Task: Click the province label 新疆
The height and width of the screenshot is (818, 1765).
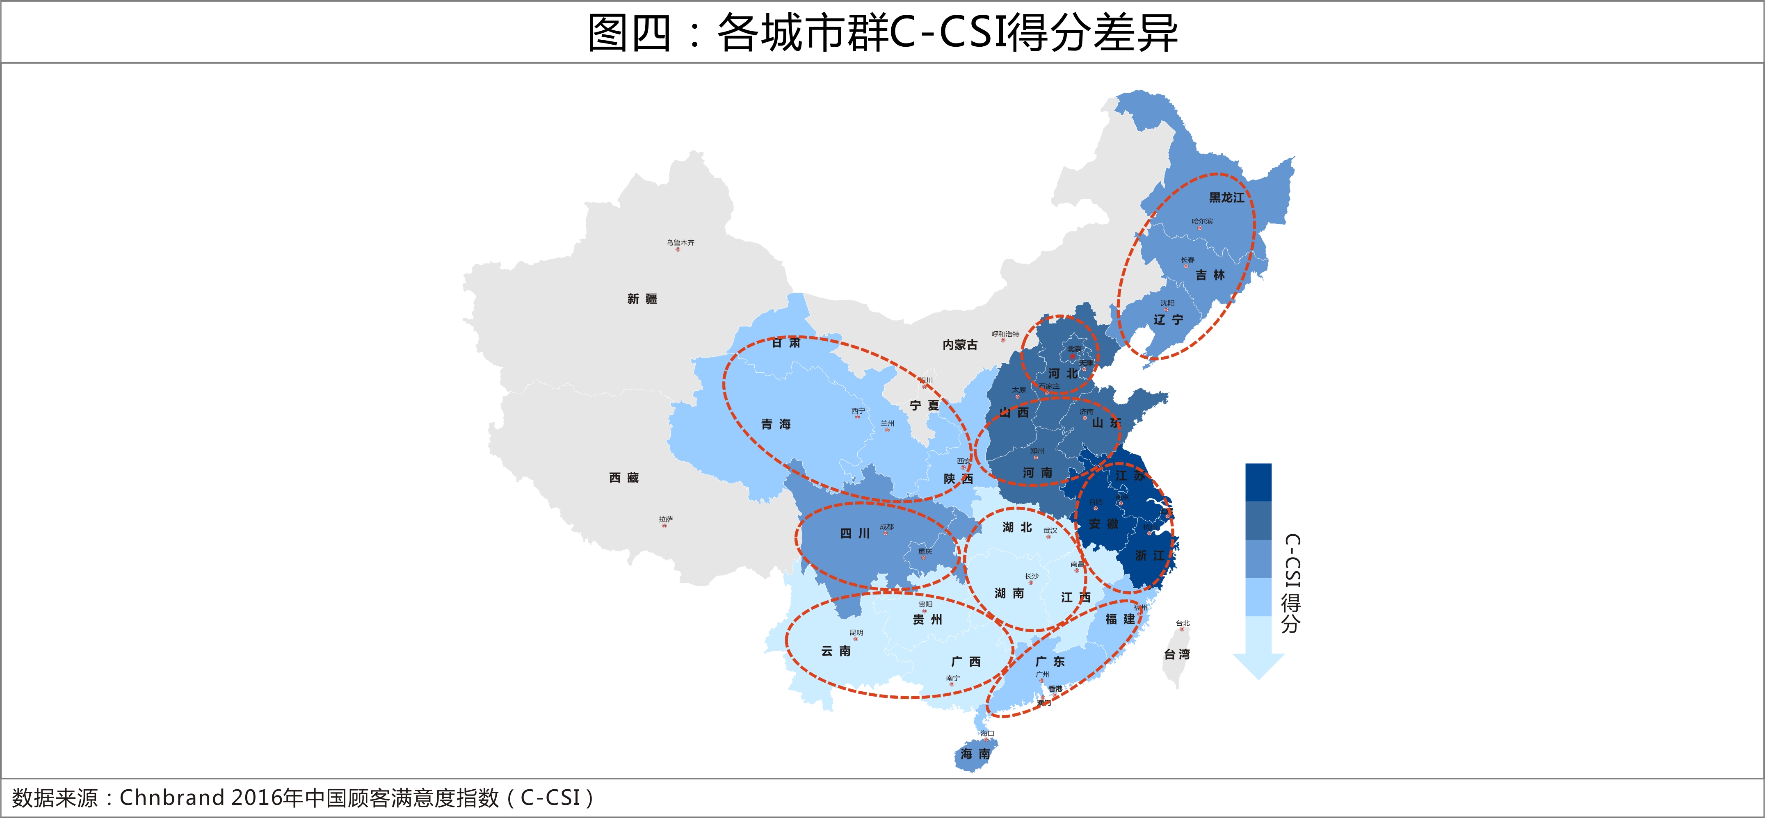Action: [642, 298]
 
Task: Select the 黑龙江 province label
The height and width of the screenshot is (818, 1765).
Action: [1226, 197]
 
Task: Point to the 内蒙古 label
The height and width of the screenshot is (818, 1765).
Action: [960, 344]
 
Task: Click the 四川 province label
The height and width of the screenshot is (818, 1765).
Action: [855, 533]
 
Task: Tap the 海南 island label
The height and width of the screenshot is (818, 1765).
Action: [975, 754]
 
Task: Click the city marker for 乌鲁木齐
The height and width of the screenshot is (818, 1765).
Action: [678, 249]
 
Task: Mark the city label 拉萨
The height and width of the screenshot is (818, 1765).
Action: [665, 520]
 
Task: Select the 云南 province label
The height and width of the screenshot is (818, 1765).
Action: [836, 651]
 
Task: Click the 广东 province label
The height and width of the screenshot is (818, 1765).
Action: [1050, 661]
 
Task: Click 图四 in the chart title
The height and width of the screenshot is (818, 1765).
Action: [629, 32]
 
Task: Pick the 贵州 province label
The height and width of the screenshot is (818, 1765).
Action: [927, 619]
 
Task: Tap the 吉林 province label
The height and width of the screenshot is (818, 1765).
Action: [1210, 275]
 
